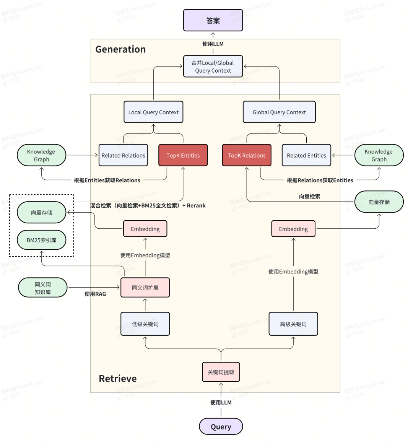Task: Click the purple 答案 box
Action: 213,21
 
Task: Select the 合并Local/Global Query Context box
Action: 213,67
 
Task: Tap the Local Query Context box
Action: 153,112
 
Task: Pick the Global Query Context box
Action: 279,112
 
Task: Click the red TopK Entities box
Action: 183,155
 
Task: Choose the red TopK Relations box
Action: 247,155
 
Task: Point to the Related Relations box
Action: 123,155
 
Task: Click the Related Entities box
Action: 306,155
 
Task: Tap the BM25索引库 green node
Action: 42,240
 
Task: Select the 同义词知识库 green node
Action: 43,288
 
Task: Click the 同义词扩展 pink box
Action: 145,288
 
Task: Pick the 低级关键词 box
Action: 145,324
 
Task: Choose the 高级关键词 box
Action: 293,324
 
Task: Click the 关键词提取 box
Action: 221,372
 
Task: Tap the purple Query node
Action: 221,427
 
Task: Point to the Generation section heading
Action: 120,49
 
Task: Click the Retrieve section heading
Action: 118,379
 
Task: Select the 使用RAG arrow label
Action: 95,294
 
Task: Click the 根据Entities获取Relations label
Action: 107,180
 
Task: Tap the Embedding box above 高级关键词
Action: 293,229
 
